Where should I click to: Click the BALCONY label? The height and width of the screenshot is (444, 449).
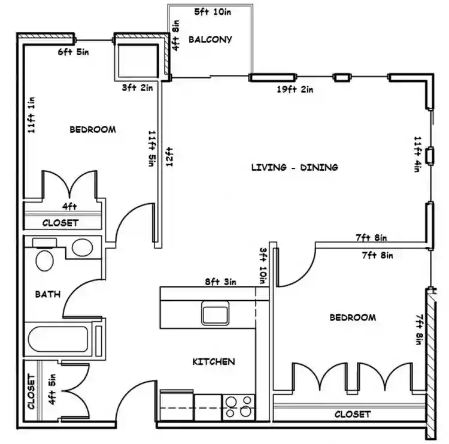pos(210,40)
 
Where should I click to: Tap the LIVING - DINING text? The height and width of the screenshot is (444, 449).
pos(294,167)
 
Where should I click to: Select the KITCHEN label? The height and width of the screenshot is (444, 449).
pos(213,361)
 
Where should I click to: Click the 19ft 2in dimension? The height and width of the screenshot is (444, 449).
pos(295,89)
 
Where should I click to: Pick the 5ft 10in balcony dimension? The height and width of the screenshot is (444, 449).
pos(214,11)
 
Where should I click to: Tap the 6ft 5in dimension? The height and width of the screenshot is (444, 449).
pos(74,52)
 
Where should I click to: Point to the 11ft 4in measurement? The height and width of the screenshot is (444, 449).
pos(417,154)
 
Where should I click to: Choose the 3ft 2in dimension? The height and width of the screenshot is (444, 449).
pos(138,87)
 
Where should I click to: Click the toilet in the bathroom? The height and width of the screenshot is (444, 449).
pos(44,259)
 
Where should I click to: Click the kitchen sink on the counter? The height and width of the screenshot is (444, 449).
pos(214,313)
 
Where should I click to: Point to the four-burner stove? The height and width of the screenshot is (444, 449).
pos(238,406)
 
